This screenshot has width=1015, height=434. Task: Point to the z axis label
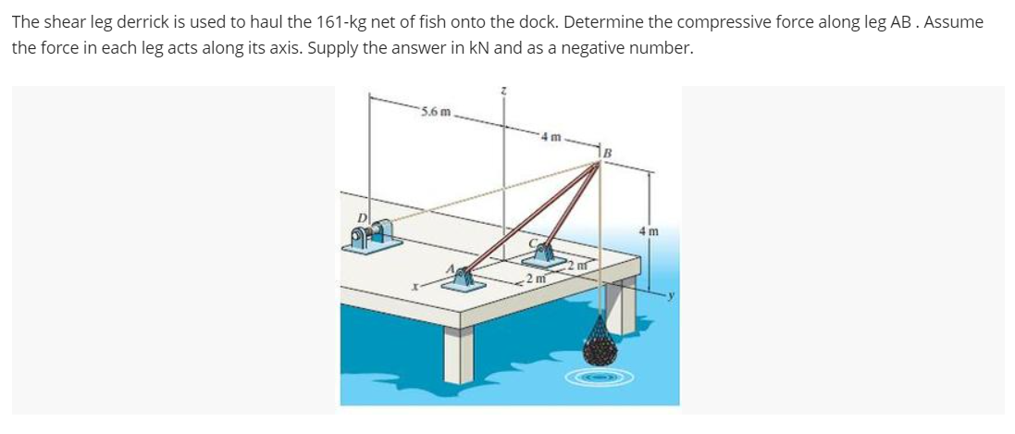point(504,90)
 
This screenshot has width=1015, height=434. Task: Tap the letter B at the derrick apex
point(608,152)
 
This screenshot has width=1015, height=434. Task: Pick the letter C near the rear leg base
point(534,243)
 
